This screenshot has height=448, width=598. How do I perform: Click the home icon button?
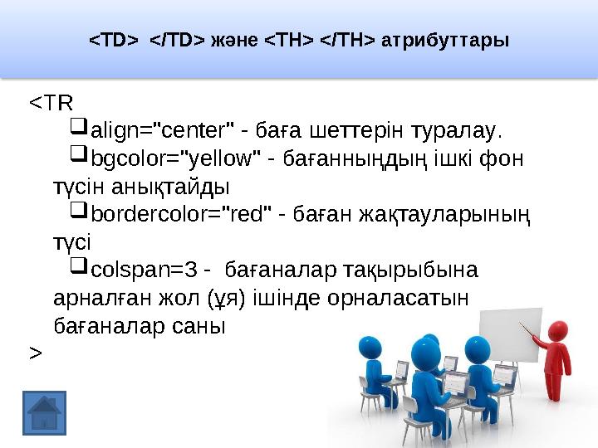click(x=44, y=412)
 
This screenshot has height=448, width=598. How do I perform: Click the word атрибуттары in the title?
click(x=444, y=40)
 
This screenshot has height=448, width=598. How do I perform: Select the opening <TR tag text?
click(x=51, y=103)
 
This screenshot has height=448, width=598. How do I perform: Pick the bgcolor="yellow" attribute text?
click(x=176, y=158)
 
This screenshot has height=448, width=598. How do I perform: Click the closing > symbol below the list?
click(x=35, y=353)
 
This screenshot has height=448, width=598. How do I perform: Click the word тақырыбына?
click(x=425, y=270)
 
